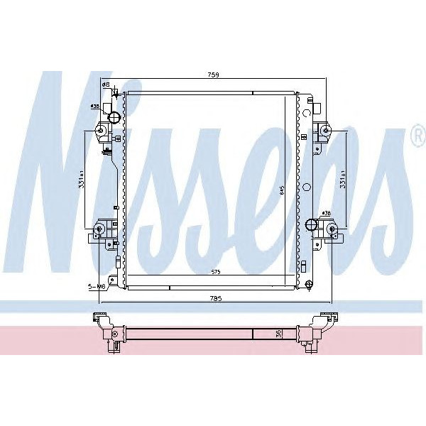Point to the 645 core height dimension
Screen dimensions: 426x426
point(283,190)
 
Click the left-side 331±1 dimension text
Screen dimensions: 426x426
point(83,183)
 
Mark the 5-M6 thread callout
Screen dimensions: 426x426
point(97,287)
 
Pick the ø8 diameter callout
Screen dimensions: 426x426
point(106,85)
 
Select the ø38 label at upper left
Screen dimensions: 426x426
point(94,106)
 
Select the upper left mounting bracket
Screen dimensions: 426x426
point(100,132)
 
